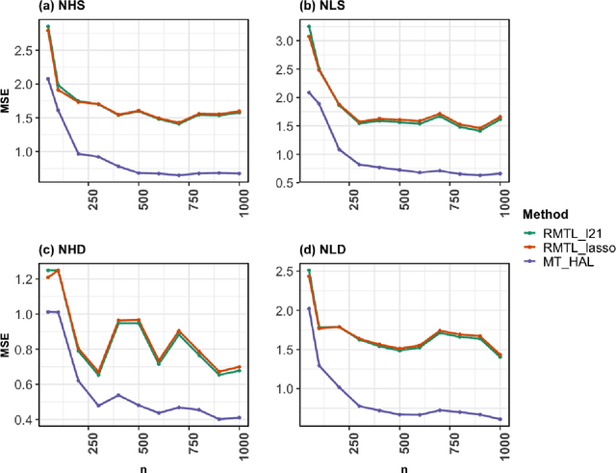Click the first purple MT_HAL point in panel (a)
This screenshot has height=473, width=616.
[x=48, y=79]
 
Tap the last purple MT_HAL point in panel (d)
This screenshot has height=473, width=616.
[x=500, y=419]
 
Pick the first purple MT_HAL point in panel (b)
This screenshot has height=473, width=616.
[x=308, y=92]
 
